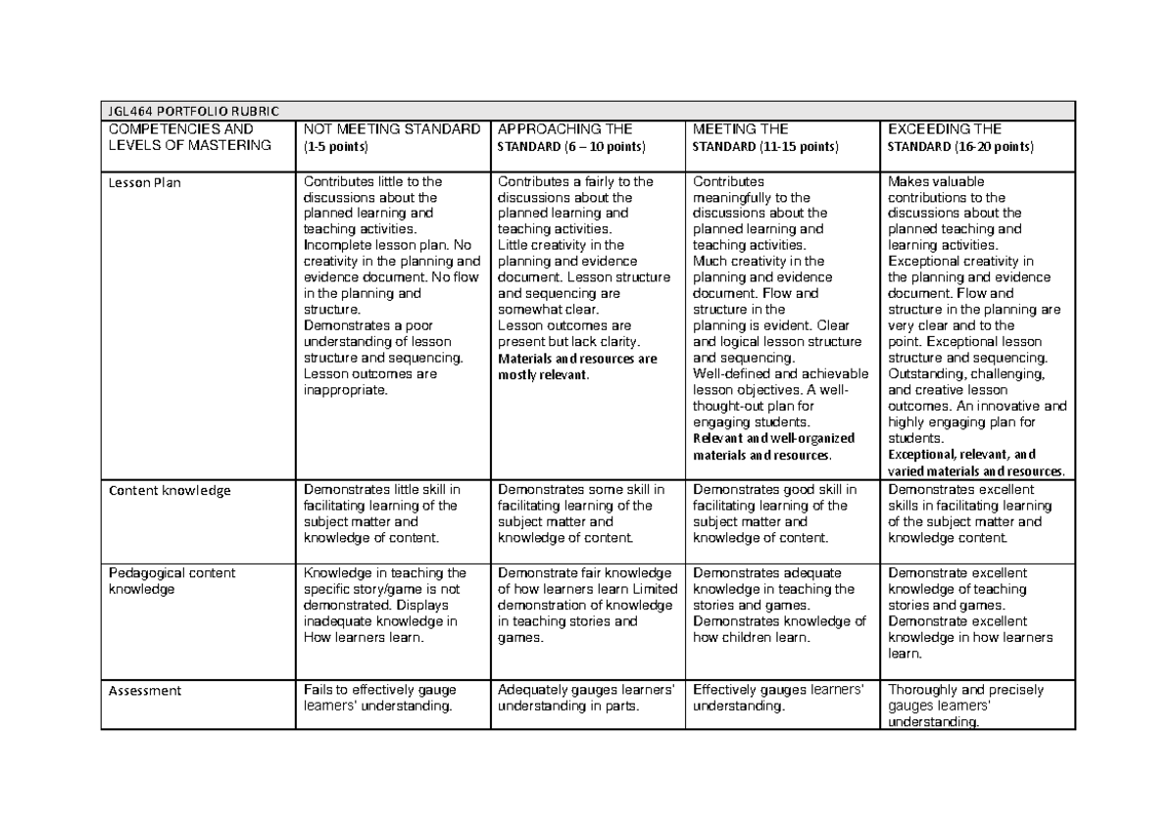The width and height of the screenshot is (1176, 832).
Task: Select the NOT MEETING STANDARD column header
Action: (x=392, y=129)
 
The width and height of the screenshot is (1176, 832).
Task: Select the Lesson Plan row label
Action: (x=145, y=182)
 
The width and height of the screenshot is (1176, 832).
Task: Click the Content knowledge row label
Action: (x=170, y=491)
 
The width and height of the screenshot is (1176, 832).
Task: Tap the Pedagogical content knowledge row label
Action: (x=172, y=581)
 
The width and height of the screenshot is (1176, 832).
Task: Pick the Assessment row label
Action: (x=145, y=691)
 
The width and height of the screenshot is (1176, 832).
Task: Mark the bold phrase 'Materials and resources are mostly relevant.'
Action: (x=577, y=367)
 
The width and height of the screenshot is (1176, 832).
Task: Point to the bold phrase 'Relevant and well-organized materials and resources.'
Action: (x=773, y=447)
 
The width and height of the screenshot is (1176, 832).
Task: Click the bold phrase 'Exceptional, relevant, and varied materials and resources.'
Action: (x=975, y=463)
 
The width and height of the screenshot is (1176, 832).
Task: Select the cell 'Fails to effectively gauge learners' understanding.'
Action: (x=380, y=698)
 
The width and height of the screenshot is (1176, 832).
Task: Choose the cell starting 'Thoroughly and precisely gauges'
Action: (x=965, y=706)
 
